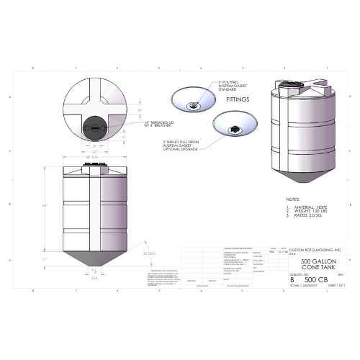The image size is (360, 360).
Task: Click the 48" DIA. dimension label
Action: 91,157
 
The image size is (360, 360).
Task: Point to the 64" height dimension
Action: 45,207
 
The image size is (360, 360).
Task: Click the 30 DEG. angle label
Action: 150,254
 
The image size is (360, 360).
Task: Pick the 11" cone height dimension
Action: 45,259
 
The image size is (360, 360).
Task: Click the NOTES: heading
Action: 292,199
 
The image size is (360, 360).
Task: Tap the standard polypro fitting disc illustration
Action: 193,100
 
